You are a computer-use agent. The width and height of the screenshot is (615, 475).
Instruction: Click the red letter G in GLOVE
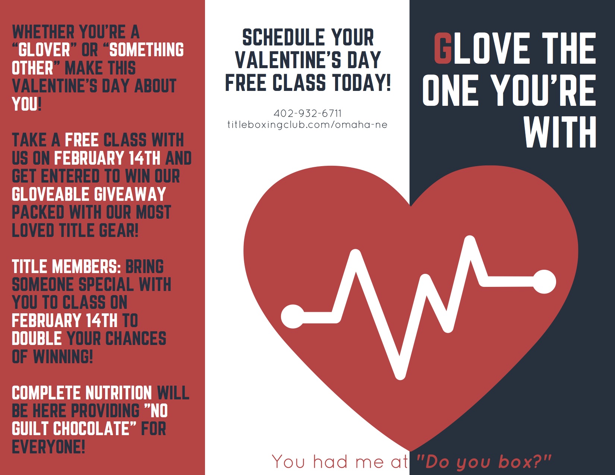click(443, 48)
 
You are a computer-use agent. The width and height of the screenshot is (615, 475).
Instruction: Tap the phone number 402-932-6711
click(307, 113)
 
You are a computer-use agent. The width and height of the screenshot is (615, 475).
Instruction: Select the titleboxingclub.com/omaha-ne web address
click(307, 125)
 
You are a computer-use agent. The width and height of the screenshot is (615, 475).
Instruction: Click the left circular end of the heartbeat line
click(293, 316)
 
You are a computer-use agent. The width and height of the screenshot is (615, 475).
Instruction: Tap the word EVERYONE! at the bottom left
click(48, 447)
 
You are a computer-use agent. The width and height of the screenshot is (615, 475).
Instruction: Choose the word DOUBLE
click(37, 339)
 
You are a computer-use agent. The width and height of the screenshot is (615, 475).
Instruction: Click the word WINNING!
click(63, 357)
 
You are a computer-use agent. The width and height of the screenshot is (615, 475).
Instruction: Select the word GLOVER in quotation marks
click(44, 50)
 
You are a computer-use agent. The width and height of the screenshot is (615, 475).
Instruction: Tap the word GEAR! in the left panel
click(119, 231)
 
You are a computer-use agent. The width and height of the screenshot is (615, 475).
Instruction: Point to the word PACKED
click(38, 212)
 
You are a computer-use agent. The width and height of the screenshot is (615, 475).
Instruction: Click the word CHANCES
click(136, 339)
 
